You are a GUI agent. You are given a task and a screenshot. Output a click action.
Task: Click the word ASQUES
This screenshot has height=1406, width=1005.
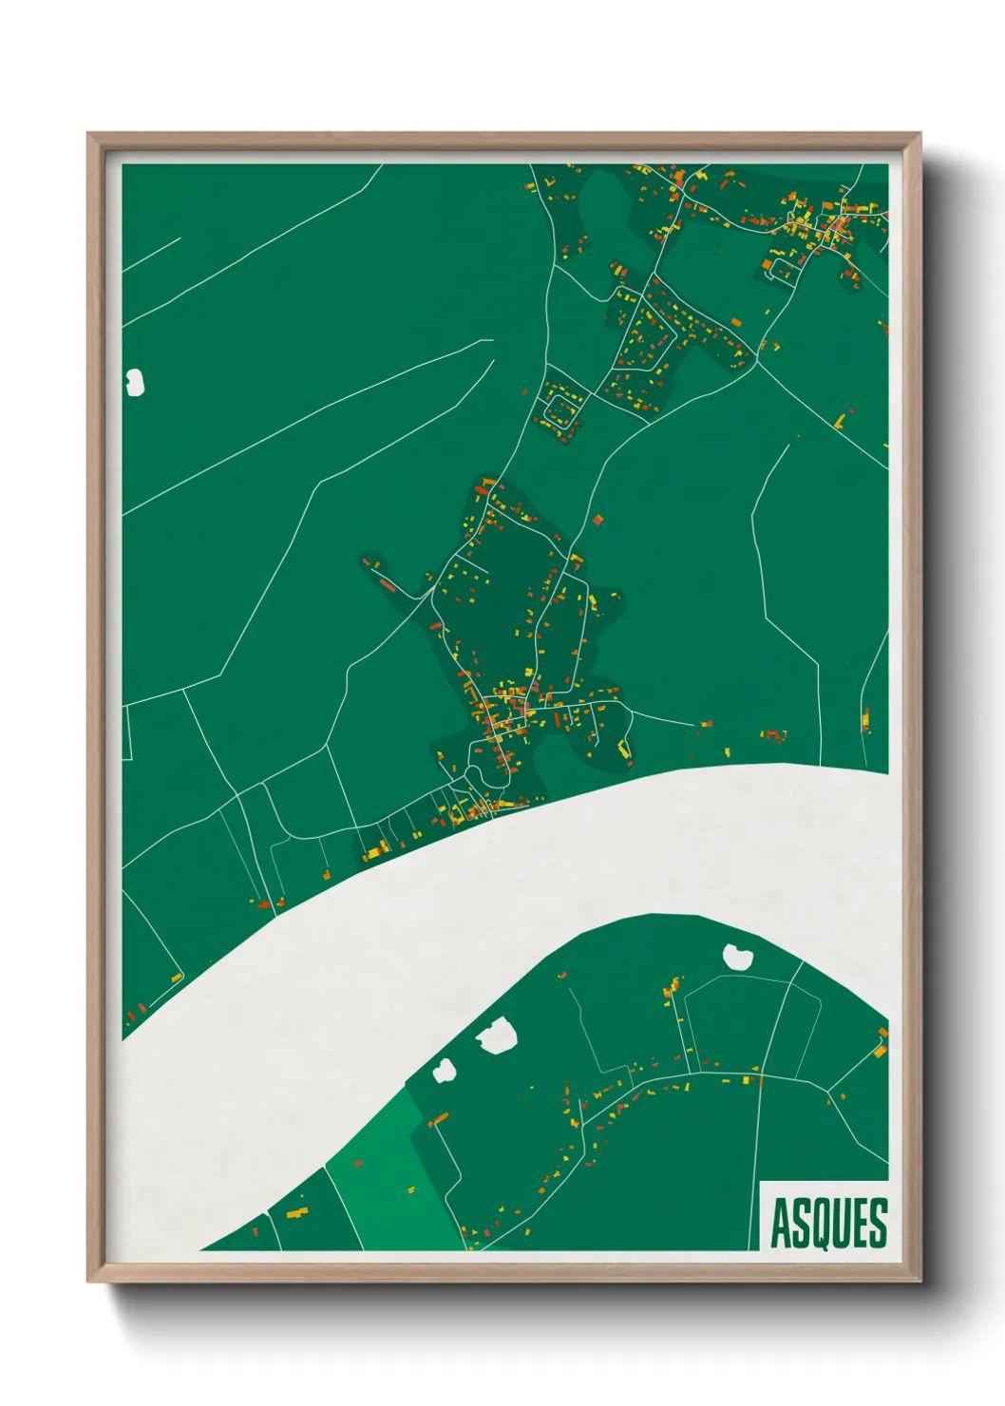(x=828, y=1223)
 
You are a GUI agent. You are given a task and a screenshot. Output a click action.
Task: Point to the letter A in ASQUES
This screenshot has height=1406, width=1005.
(x=781, y=1224)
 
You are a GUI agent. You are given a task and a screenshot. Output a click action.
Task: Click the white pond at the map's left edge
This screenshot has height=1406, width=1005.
(x=135, y=382)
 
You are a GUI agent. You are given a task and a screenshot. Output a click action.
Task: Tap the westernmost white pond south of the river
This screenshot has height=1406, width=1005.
(x=444, y=1072)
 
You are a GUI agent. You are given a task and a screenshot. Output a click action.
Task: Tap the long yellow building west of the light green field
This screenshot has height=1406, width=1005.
(x=297, y=1212)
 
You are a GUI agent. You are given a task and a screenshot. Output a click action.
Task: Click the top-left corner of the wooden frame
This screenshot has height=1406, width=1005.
(x=89, y=134)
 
